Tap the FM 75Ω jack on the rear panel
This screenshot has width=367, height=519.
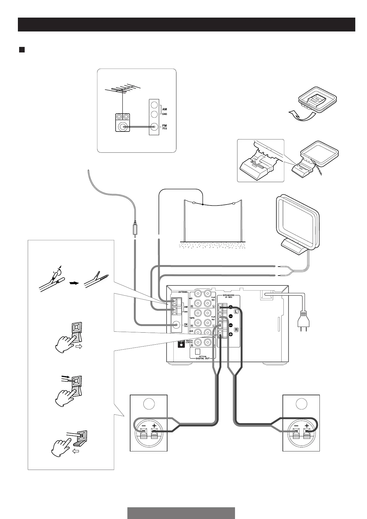(x=176, y=325)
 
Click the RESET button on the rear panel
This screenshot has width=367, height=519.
(x=181, y=344)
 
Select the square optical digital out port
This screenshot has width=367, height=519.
(x=198, y=351)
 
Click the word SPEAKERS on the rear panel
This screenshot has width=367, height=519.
(x=229, y=295)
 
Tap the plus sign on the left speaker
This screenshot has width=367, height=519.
(x=154, y=426)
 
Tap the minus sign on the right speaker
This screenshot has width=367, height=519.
(x=296, y=426)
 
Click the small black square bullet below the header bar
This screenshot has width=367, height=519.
(x=22, y=50)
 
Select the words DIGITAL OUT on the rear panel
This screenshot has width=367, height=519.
(x=203, y=358)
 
